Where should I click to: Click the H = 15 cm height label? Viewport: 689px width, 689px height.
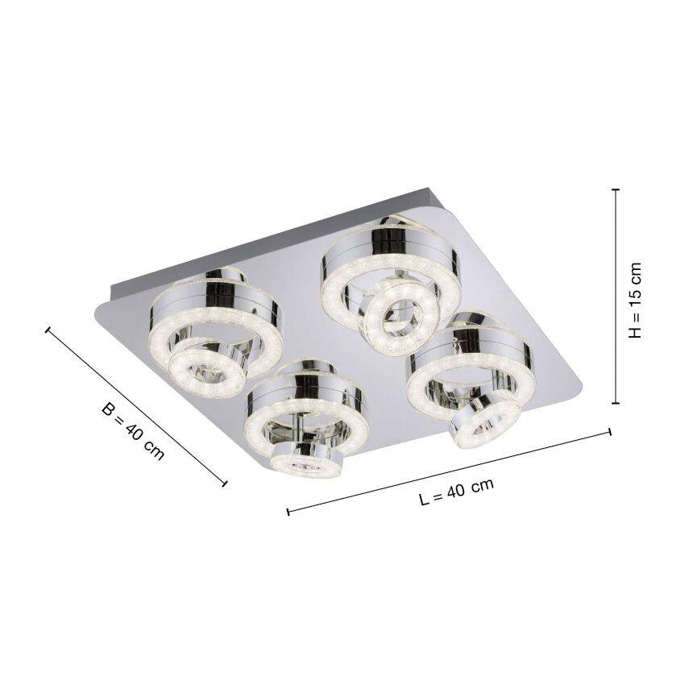pos(637,300)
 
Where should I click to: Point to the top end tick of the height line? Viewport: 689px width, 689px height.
pos(616,190)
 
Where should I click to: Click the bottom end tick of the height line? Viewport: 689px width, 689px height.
pos(616,403)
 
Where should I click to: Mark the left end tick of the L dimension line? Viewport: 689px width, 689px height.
pos(288,511)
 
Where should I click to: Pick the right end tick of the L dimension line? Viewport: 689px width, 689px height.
pos(610,434)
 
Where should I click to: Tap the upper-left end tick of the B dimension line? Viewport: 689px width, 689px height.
pos(48,330)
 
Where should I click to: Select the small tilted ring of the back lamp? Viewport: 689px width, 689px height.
pos(394,313)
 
